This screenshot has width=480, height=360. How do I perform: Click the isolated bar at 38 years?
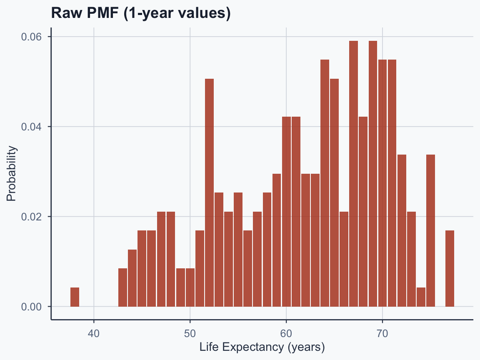click(75, 297)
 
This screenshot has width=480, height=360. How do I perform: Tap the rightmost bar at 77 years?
click(450, 268)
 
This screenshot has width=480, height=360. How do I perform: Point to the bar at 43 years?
click(122, 287)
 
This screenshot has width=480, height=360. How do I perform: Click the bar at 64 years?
click(325, 183)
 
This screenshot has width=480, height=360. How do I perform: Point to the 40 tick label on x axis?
click(94, 333)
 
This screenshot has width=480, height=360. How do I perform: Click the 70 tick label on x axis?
click(382, 333)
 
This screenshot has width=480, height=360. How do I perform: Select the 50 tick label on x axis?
click(190, 333)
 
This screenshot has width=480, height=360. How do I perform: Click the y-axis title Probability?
click(11, 173)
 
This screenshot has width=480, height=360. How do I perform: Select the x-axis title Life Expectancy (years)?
click(262, 347)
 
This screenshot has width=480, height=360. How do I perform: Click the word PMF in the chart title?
click(99, 13)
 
